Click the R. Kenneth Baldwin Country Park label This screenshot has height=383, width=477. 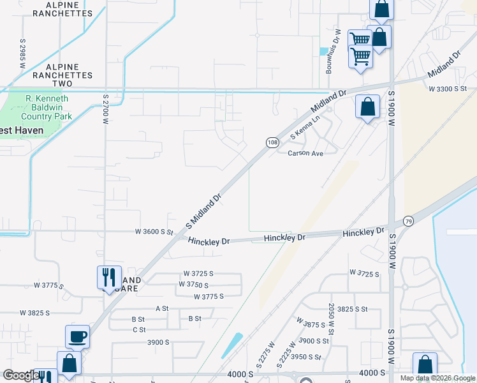47,107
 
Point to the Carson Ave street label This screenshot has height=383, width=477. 306,153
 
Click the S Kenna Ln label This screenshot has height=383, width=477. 305,128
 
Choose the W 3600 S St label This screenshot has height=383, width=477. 154,232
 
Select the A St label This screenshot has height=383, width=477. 162,308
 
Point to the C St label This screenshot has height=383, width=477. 139,329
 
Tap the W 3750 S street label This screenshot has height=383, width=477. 202,285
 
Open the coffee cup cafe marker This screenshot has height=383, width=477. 78,336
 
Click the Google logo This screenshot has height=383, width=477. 20,376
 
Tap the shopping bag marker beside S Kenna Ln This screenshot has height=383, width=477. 368,107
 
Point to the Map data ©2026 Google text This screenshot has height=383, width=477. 437,378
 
